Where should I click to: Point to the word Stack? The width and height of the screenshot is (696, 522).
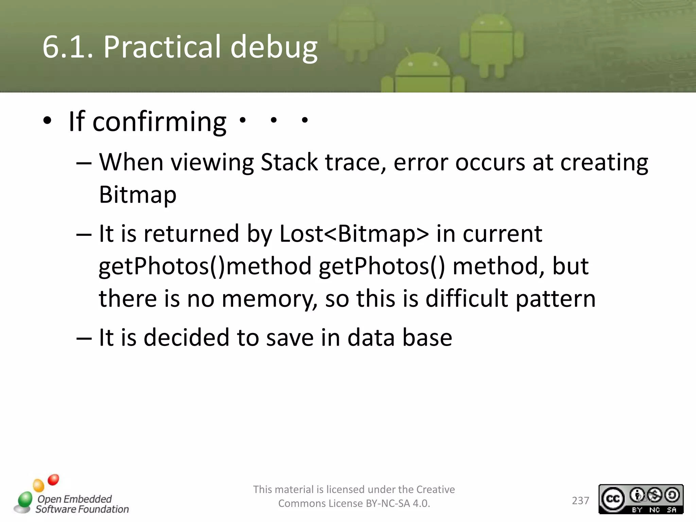289,162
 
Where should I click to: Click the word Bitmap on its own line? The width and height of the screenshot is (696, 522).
138,195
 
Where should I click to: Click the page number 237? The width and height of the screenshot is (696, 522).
580,501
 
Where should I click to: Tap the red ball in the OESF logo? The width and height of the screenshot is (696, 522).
53,480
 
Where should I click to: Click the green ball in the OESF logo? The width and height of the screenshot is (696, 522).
25,500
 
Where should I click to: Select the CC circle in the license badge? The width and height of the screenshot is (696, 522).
613,499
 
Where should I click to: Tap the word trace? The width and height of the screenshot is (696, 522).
355,162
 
